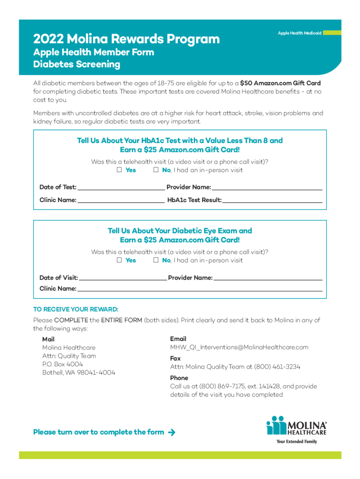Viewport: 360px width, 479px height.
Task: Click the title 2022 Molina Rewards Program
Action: coord(126,39)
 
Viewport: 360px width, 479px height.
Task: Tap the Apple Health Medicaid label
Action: coord(299,33)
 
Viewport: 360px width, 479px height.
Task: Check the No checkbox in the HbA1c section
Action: coord(156,170)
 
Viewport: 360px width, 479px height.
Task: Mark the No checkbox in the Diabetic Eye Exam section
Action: coord(156,260)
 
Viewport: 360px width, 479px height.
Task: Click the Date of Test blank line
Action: coord(121,188)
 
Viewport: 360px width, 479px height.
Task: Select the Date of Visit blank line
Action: coord(122,278)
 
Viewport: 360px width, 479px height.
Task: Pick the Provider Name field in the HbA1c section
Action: coord(267,188)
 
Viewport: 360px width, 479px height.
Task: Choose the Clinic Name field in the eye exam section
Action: coord(200,289)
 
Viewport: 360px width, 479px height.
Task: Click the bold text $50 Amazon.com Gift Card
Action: coord(280,83)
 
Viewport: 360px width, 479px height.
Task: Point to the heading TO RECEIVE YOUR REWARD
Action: coord(76,310)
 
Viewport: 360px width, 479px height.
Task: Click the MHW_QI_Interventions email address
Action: coord(239,347)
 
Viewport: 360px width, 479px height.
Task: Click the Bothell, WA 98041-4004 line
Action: coord(79,373)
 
